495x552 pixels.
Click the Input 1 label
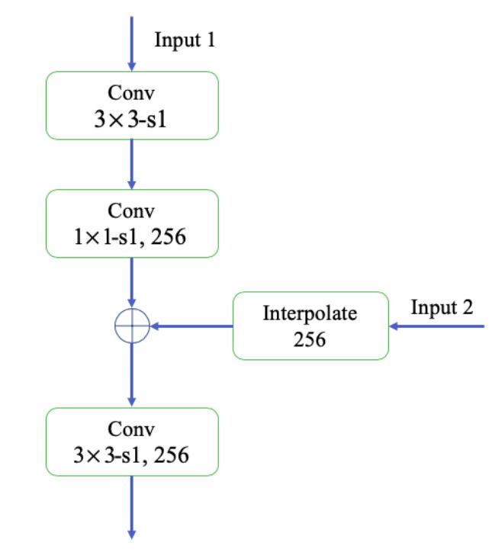[184, 40]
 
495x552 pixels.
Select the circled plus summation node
[132, 326]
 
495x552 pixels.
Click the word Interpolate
[310, 313]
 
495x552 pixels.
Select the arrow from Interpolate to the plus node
[191, 326]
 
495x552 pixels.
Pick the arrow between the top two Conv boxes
[132, 165]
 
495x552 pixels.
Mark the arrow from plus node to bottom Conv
[132, 374]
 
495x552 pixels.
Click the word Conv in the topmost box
[132, 94]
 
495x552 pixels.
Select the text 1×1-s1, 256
[132, 238]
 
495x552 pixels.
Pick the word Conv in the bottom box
[132, 431]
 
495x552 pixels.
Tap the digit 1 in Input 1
[210, 40]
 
